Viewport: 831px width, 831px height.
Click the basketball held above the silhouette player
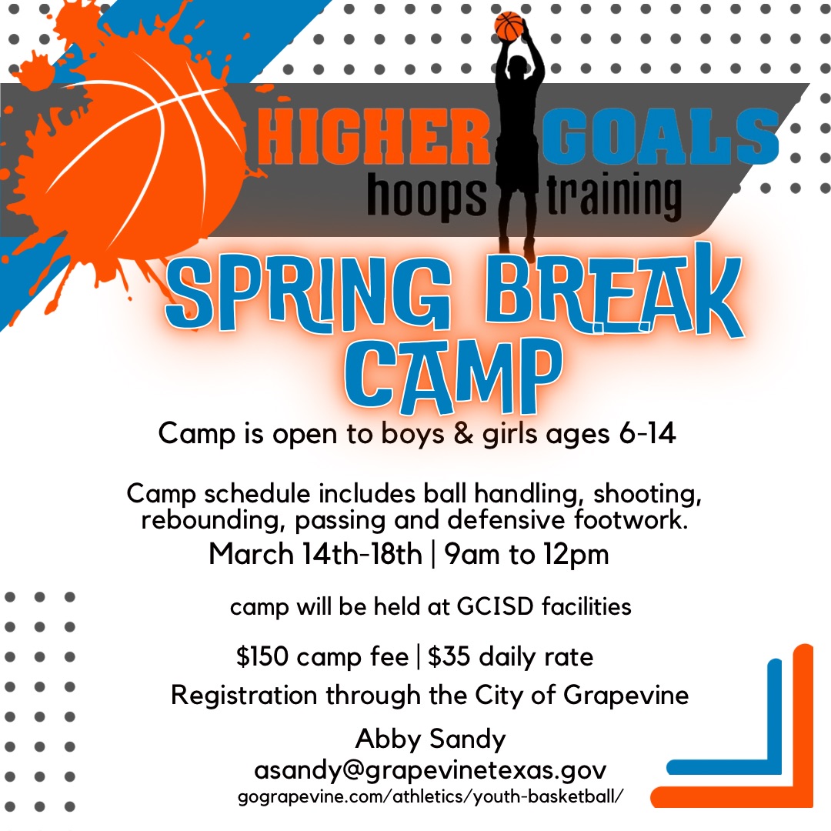[x=509, y=26]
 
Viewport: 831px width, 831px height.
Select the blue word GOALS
[x=660, y=136]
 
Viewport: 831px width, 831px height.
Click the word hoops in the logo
[x=426, y=195]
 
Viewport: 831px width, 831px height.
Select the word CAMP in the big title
[x=453, y=375]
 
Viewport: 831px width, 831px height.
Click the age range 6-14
[x=647, y=433]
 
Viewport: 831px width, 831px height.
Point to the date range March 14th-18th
[x=315, y=554]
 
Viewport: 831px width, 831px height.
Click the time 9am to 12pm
[x=526, y=555]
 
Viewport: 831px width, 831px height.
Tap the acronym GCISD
[x=495, y=606]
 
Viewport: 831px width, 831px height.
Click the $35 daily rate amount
[x=449, y=656]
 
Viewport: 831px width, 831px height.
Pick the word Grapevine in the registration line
[x=626, y=696]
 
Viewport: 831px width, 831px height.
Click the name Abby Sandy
[x=430, y=739]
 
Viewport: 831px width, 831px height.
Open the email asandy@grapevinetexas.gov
[x=430, y=770]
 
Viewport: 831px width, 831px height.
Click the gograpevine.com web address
[x=430, y=796]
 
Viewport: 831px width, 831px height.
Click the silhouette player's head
[x=518, y=65]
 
